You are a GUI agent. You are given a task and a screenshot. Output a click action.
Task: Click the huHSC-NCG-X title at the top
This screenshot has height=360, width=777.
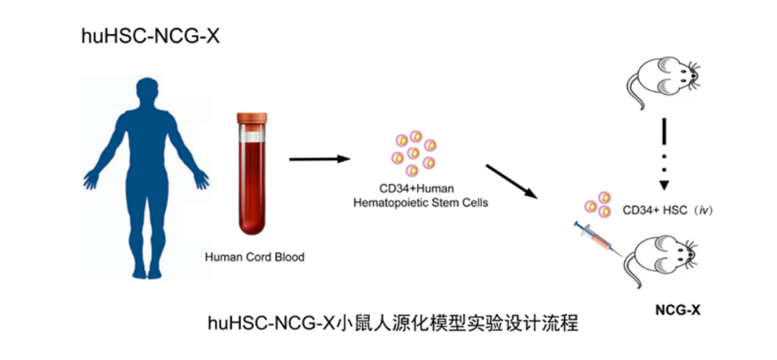coord(150,36)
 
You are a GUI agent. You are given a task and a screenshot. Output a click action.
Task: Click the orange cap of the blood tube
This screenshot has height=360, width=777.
coord(252,117)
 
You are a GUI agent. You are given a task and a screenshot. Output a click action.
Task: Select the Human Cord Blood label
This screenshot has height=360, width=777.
coord(254,256)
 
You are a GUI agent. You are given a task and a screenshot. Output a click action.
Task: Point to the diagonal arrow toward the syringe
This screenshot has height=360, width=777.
coord(512,181)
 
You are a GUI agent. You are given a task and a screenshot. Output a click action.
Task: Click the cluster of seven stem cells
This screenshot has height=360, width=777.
coord(413,152)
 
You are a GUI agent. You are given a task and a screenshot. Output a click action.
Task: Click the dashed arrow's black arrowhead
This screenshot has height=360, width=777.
coord(663,185)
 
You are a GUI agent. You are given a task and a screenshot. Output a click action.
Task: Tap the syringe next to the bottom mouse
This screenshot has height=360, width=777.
coord(597,240)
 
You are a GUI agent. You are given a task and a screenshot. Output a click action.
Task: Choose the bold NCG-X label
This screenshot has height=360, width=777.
coord(677,310)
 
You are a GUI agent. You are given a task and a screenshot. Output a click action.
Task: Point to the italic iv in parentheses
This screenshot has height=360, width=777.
coord(701,210)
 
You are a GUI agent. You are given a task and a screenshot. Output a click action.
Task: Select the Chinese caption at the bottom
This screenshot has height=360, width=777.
coord(393,322)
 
